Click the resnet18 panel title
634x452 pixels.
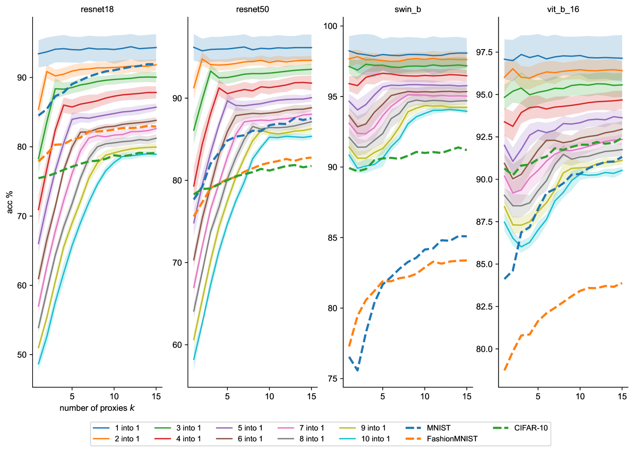[x=97, y=9]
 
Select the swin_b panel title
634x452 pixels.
[x=408, y=9]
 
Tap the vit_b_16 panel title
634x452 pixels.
[x=563, y=9]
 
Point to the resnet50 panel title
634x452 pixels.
[x=252, y=9]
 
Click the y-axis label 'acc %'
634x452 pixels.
[x=10, y=202]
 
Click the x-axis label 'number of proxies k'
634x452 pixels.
[x=97, y=408]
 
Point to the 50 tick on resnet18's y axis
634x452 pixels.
[x=22, y=355]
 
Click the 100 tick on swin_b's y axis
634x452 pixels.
[x=330, y=26]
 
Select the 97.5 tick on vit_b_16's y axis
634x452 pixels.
[x=484, y=52]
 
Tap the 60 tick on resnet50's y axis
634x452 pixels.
[x=177, y=345]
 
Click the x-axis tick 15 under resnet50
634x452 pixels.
[x=312, y=396]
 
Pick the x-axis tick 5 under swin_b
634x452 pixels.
[x=382, y=396]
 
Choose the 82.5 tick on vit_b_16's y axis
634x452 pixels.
[x=484, y=307]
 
